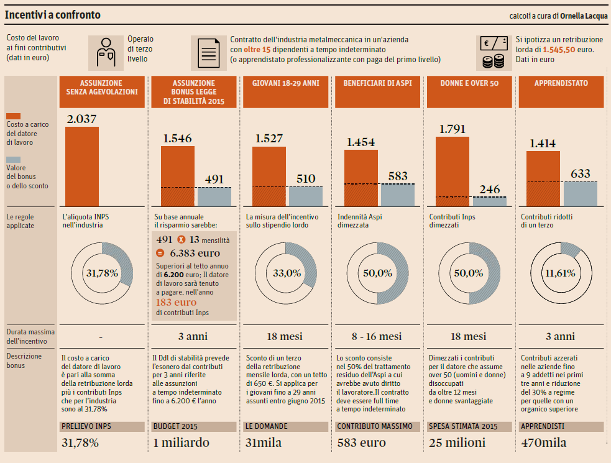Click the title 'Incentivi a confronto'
(53, 15)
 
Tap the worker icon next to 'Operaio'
(105, 52)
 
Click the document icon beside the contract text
(208, 52)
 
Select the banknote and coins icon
(495, 52)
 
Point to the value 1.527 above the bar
(269, 139)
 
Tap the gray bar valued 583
(398, 195)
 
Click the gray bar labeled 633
(581, 194)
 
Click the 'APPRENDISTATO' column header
(561, 83)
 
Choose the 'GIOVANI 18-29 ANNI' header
(287, 83)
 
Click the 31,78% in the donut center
(101, 272)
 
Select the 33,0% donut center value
(287, 272)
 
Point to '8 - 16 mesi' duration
(376, 336)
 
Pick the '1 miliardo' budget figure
(181, 442)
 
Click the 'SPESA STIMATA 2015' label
(462, 427)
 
